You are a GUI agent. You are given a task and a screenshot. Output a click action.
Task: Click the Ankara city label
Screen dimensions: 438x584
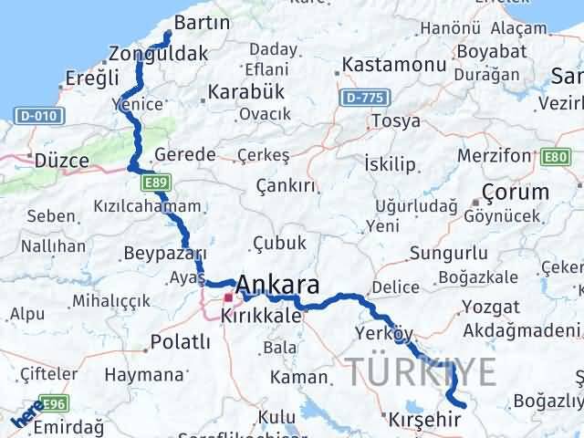279,283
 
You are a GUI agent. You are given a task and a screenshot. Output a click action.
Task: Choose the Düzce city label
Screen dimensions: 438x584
61,161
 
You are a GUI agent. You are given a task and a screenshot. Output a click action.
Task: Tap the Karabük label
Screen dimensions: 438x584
246,92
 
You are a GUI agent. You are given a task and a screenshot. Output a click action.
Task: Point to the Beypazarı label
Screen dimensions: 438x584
163,255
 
